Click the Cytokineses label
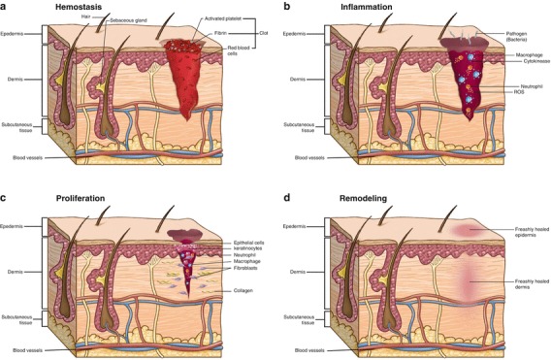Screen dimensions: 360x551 click(510, 61)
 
